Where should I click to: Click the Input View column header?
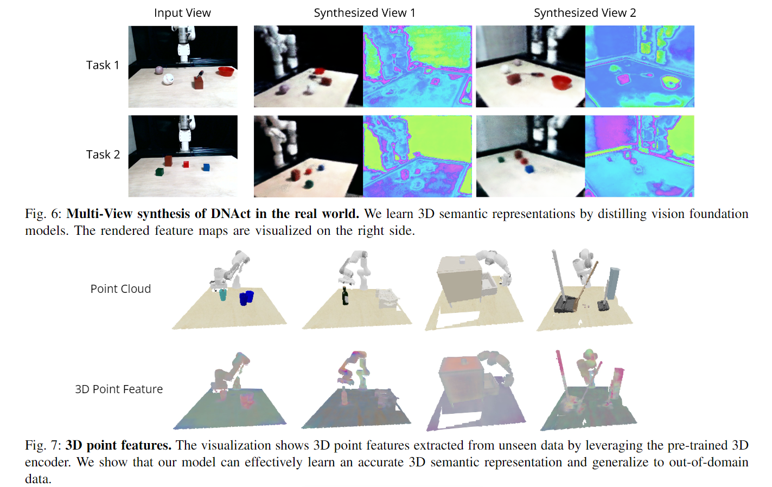click(x=182, y=13)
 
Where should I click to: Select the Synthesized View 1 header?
click(x=364, y=13)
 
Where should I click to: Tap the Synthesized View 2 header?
click(x=584, y=13)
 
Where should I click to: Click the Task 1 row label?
click(x=102, y=65)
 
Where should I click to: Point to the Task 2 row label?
click(x=103, y=155)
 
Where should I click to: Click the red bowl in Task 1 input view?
click(x=226, y=72)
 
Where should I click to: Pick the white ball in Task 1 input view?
click(x=168, y=79)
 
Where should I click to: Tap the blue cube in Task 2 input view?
click(x=206, y=167)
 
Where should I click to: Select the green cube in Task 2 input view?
click(x=159, y=172)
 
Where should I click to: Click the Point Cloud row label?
click(x=120, y=289)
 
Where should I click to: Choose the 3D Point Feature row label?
click(x=119, y=389)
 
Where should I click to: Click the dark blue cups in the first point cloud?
click(x=246, y=298)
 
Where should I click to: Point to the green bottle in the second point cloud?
click(x=345, y=297)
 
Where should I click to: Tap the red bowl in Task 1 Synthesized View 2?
click(x=562, y=82)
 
